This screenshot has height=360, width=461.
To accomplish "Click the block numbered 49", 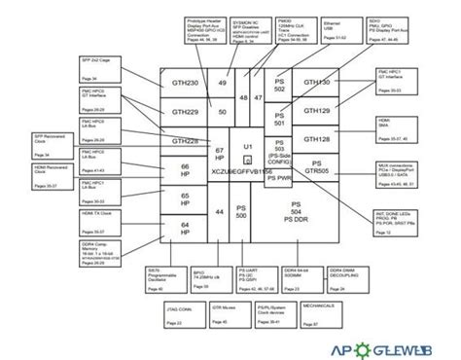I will pyautogui.click(x=223, y=84).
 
